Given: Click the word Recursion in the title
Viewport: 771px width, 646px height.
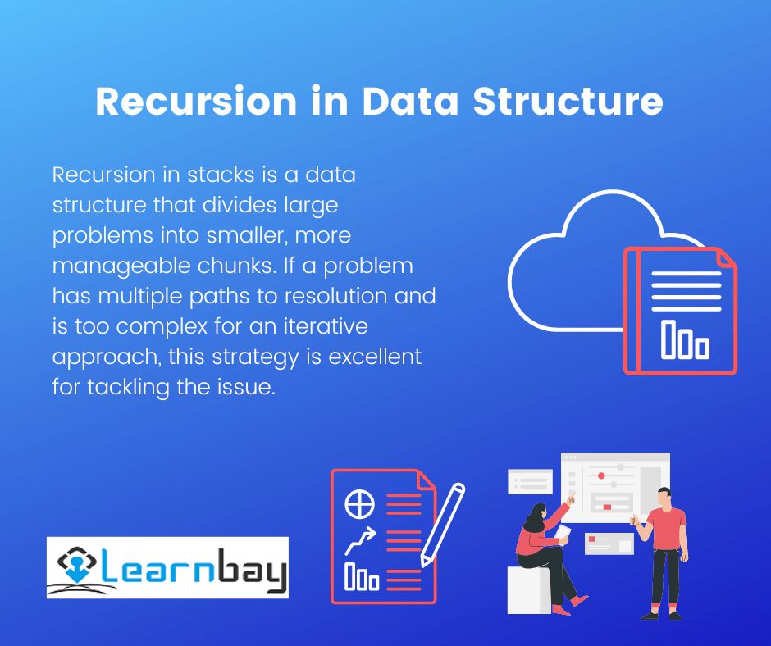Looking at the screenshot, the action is tap(196, 101).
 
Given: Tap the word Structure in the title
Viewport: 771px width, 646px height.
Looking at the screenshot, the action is tap(568, 101).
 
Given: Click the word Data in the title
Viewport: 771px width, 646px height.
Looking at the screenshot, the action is tap(410, 101).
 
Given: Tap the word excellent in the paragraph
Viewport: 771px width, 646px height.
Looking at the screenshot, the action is tap(375, 357).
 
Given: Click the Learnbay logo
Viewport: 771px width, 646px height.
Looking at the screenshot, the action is tap(167, 567).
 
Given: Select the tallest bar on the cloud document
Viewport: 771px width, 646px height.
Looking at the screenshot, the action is tap(668, 339).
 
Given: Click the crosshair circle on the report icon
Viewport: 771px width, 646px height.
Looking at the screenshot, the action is tap(359, 504).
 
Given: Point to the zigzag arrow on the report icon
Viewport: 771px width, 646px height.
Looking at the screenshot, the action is tap(360, 540).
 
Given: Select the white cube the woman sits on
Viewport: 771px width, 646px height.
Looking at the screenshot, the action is tap(529, 590).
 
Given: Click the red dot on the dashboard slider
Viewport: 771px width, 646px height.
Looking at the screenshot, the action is tap(601, 476).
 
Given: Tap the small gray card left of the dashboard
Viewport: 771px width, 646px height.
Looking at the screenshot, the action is tap(530, 481).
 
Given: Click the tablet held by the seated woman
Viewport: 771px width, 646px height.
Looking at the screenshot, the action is tap(563, 532).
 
